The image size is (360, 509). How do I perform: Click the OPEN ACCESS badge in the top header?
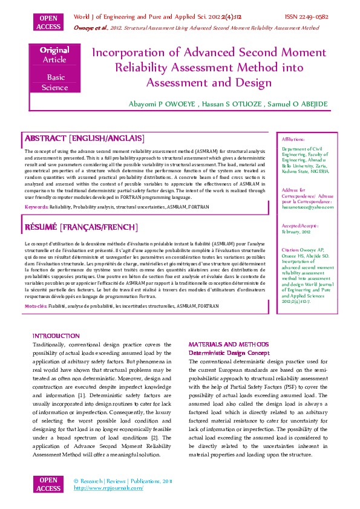(x=49, y=23)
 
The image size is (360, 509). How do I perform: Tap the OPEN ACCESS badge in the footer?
(x=49, y=484)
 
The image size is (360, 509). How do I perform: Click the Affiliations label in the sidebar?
(x=293, y=139)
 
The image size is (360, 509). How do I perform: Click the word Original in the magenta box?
(x=54, y=50)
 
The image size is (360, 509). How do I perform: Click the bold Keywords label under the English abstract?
(x=36, y=206)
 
